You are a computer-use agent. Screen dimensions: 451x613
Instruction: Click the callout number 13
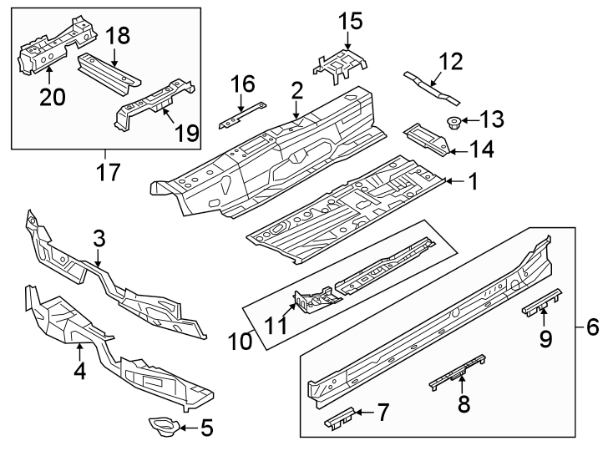tap(492, 120)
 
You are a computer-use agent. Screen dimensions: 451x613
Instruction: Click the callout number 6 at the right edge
tap(592, 327)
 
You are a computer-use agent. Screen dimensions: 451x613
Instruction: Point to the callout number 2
tap(296, 90)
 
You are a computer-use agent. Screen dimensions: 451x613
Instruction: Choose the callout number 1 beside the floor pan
tap(472, 181)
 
